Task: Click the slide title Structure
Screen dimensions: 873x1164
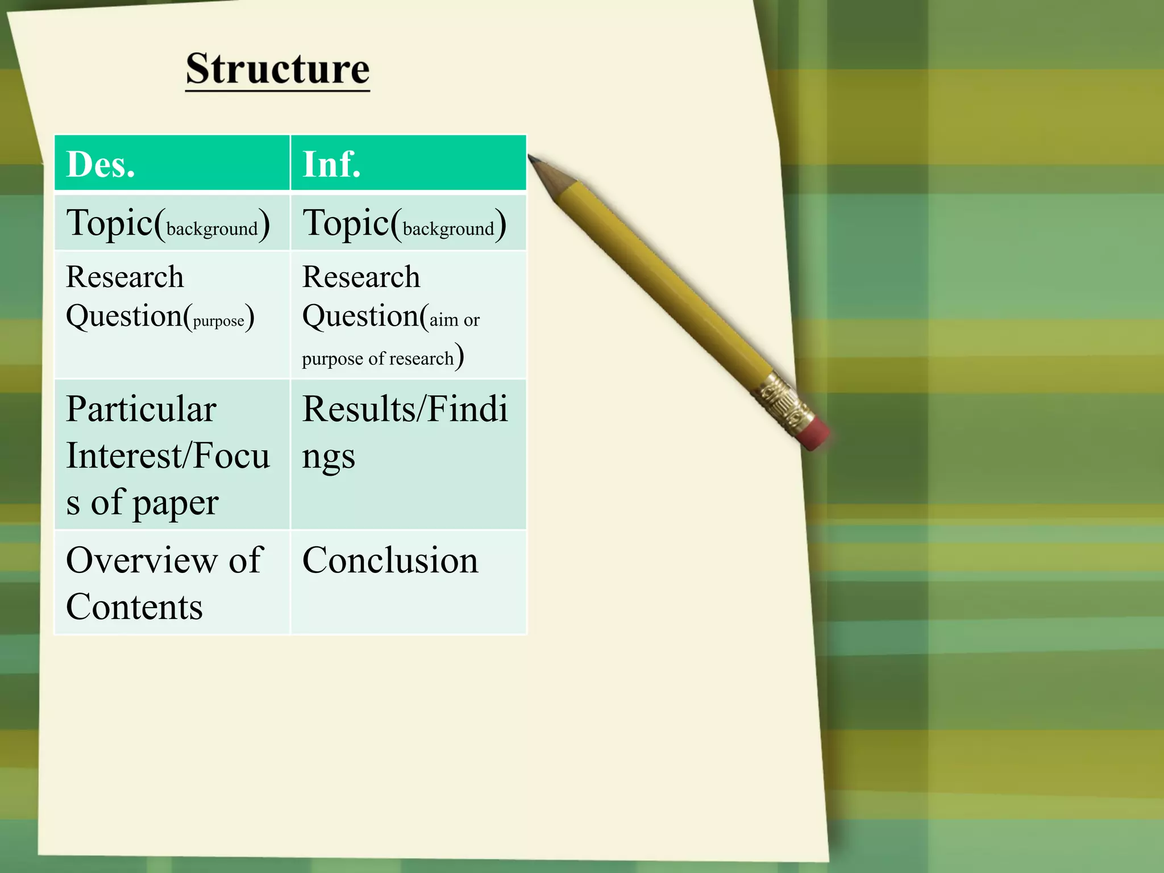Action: click(277, 69)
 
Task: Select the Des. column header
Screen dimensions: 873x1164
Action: click(101, 164)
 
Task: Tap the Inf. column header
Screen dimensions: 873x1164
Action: click(331, 164)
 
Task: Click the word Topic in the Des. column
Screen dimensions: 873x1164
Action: click(110, 222)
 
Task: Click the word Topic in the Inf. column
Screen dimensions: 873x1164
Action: click(346, 222)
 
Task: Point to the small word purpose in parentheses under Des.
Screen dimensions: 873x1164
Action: click(219, 321)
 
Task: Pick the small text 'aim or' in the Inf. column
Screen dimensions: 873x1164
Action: click(454, 320)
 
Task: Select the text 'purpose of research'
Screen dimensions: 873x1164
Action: click(377, 359)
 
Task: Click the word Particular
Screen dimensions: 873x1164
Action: click(141, 409)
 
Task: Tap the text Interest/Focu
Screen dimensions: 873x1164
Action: click(168, 456)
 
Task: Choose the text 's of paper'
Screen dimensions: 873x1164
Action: click(142, 502)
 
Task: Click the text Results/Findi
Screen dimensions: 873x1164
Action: click(405, 409)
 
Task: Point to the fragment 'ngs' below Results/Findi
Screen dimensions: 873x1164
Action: click(329, 456)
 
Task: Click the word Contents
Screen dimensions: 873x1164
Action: click(134, 607)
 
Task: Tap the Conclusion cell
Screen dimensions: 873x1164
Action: click(390, 560)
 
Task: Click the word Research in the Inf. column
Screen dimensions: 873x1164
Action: click(361, 277)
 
